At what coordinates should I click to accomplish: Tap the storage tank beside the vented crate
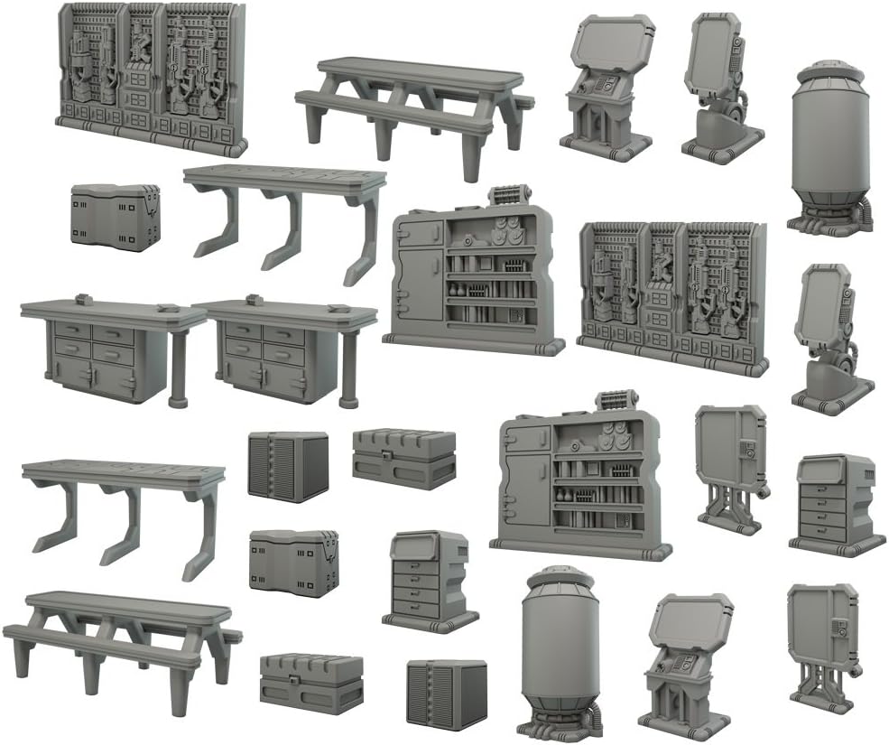pyautogui.click(x=560, y=650)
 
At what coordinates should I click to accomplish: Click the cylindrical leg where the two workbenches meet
pyautogui.click(x=177, y=366)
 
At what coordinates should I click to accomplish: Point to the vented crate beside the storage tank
pyautogui.click(x=446, y=692)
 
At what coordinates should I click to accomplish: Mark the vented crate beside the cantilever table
pyautogui.click(x=288, y=465)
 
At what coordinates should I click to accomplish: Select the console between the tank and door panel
pyautogui.click(x=686, y=664)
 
